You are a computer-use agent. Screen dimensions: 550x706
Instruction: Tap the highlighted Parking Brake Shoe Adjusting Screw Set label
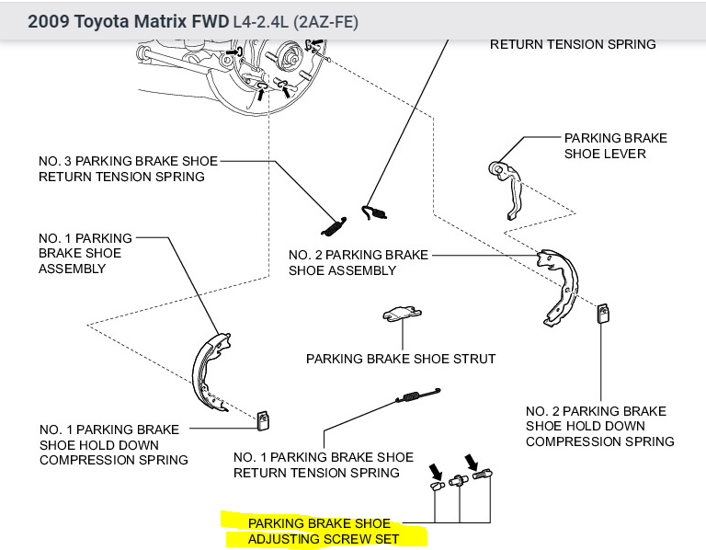(325, 531)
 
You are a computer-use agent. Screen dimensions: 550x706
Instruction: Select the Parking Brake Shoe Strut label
(401, 359)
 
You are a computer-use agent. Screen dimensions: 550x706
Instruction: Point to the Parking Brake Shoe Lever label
(615, 145)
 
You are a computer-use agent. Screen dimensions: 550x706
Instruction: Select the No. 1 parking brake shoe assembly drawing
(210, 372)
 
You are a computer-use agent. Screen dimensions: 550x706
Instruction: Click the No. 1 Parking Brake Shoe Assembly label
(85, 254)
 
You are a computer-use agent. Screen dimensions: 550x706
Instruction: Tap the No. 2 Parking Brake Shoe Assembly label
(358, 262)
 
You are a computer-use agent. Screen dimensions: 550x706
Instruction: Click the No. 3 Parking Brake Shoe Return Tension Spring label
(128, 168)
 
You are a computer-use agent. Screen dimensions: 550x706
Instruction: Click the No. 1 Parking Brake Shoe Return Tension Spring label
(323, 464)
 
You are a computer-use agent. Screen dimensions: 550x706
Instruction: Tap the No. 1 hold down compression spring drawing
(263, 419)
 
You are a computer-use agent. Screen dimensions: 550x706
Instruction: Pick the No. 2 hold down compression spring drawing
(603, 314)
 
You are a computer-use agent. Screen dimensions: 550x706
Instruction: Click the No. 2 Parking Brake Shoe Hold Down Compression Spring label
(599, 426)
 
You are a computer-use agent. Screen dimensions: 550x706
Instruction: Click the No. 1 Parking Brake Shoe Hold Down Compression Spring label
(113, 444)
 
